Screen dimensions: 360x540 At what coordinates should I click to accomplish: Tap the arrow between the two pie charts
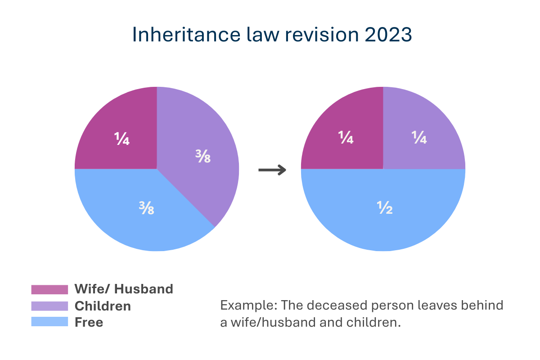(x=272, y=170)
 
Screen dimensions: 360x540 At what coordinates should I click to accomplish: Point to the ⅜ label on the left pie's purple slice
(x=203, y=157)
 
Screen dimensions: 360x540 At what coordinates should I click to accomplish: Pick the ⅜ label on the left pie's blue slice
(x=146, y=208)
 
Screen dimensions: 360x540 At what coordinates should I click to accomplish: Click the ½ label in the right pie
(x=385, y=208)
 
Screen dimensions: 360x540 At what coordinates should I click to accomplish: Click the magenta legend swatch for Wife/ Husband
(x=49, y=289)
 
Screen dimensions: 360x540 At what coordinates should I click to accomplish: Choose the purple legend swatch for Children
(x=49, y=306)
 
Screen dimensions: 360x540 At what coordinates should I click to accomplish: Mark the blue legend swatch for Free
(x=49, y=322)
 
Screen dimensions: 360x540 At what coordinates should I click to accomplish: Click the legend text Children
(x=103, y=306)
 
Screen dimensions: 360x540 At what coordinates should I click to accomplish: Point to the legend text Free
(x=89, y=322)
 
